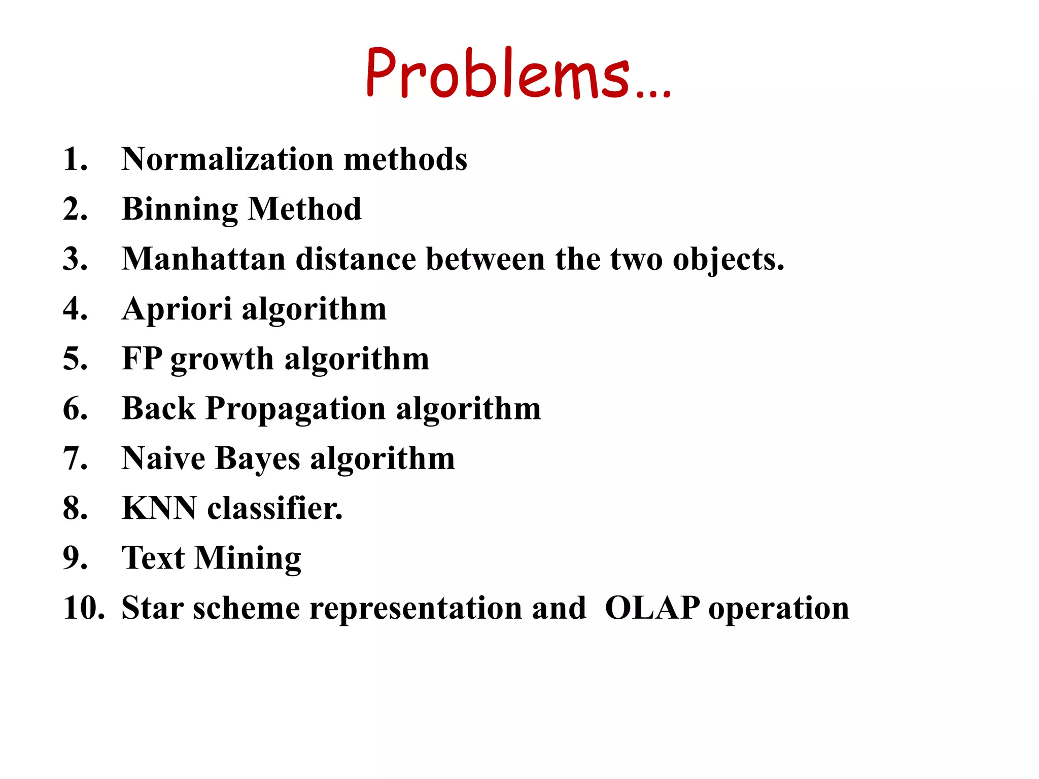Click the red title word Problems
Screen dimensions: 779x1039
point(497,74)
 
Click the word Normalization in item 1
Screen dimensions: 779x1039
point(228,159)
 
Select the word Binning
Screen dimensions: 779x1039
point(180,209)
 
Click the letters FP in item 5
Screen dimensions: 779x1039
point(142,359)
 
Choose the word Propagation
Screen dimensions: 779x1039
point(296,409)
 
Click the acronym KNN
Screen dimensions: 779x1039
point(159,508)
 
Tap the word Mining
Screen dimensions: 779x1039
point(248,558)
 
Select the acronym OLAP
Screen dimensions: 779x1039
point(652,608)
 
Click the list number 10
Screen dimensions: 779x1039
point(83,608)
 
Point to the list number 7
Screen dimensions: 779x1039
point(75,458)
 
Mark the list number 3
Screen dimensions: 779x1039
point(75,259)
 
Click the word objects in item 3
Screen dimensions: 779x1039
point(728,260)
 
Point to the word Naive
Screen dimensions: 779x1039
point(163,458)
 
